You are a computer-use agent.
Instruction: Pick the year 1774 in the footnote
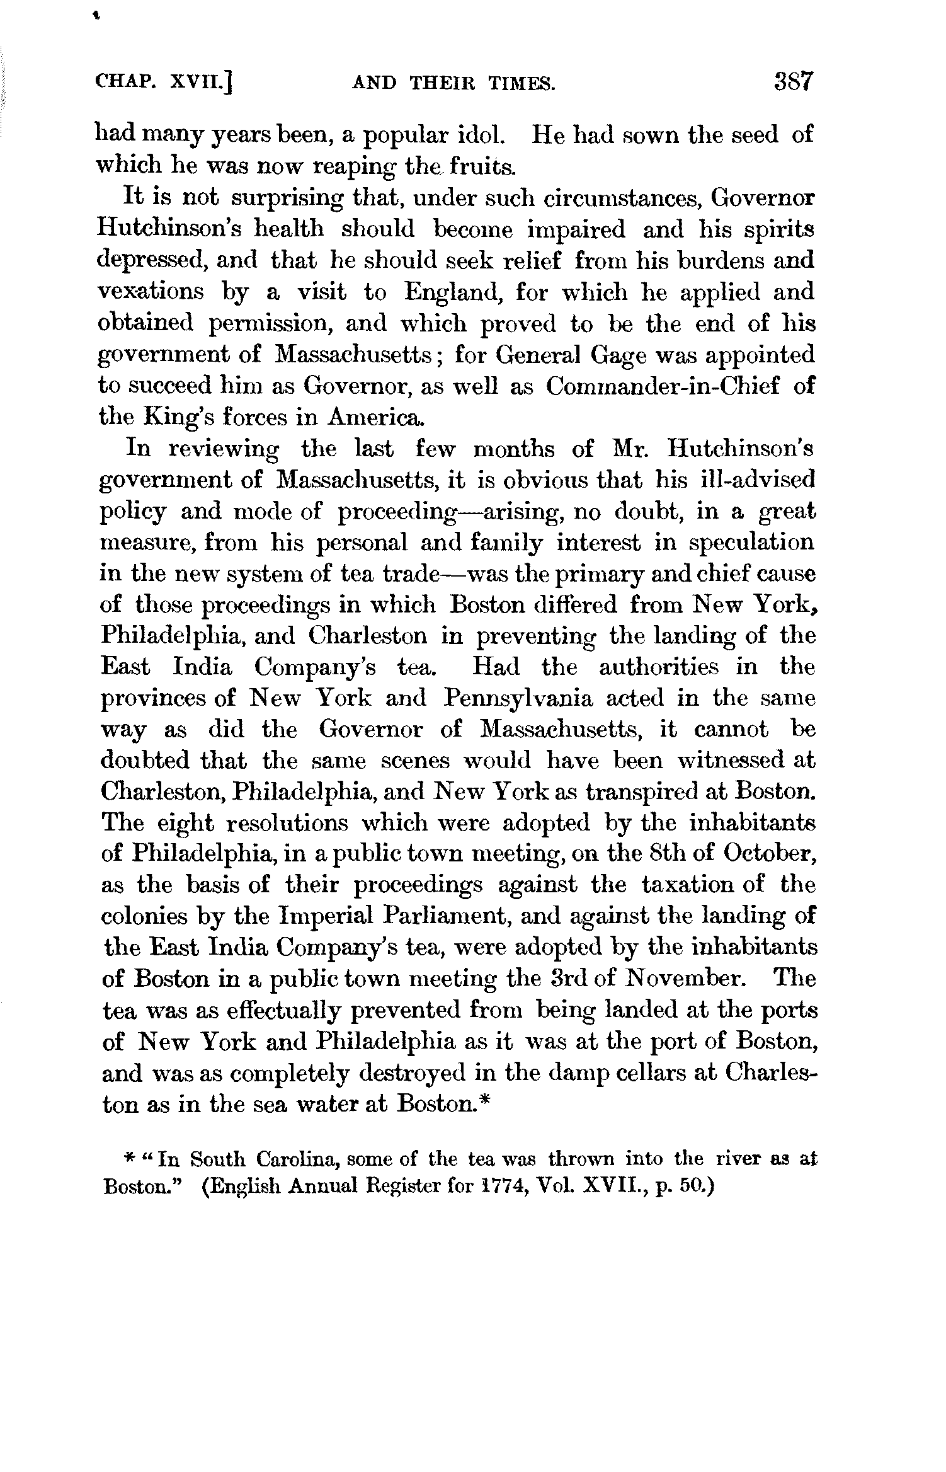(499, 1187)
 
